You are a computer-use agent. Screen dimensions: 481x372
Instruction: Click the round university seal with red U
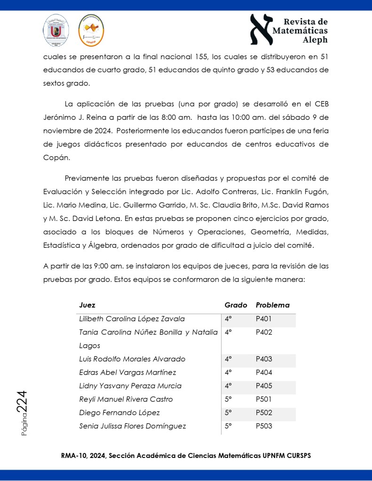coord(56,31)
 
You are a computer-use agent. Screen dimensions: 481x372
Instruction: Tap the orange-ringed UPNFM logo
coord(90,31)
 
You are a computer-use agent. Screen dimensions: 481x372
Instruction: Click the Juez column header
coord(87,305)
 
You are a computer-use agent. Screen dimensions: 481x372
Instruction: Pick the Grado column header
coord(233,305)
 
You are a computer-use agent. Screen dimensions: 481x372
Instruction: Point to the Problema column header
coord(272,305)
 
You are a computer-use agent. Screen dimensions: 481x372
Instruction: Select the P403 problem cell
coord(264,359)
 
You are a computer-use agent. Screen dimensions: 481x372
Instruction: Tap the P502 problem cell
coord(264,413)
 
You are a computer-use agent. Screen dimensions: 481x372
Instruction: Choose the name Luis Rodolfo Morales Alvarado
coord(132,359)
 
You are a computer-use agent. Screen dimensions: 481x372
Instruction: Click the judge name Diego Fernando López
coord(119,413)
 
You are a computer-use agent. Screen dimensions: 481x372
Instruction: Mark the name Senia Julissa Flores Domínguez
coord(132,426)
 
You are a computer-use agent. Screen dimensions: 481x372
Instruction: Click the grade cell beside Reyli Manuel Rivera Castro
coord(229,400)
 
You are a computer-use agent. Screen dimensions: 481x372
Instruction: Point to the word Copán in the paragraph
coord(56,158)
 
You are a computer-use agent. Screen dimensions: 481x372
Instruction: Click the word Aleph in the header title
coord(315,40)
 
